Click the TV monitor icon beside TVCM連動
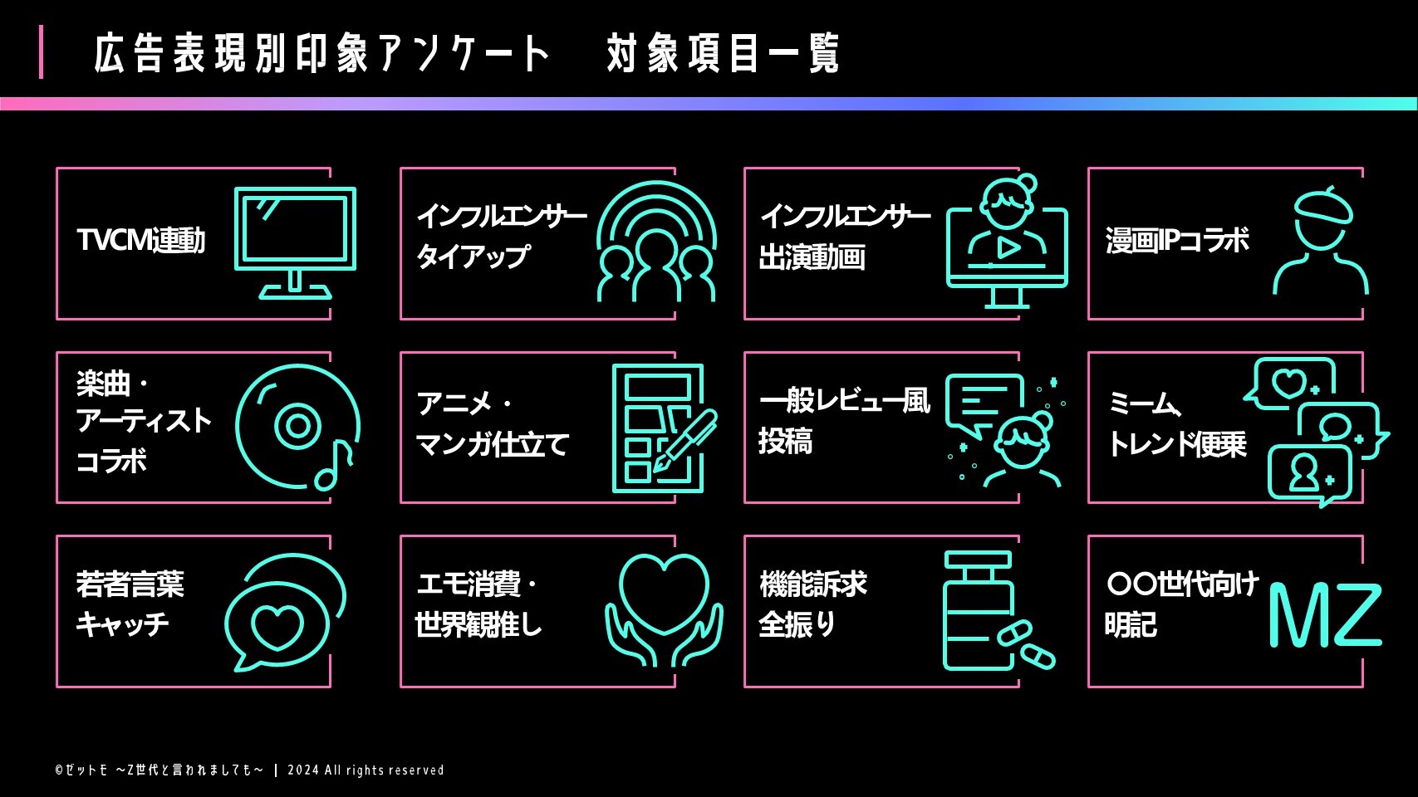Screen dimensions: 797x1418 pyautogui.click(x=295, y=241)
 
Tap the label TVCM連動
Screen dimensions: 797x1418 pyautogui.click(x=140, y=241)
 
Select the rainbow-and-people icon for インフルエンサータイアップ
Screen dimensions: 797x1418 pyautogui.click(x=656, y=242)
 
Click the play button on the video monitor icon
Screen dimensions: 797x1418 pyautogui.click(x=1008, y=247)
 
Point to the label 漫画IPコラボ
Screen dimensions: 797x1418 pyautogui.click(x=1177, y=241)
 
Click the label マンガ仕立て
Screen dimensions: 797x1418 pyautogui.click(x=492, y=444)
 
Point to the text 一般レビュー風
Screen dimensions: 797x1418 pyautogui.click(x=844, y=401)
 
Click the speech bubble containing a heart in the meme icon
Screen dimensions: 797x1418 pyautogui.click(x=1289, y=383)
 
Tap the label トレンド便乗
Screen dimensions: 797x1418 pyautogui.click(x=1177, y=444)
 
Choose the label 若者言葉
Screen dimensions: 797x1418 pyautogui.click(x=130, y=584)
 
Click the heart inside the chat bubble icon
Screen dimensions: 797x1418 pyautogui.click(x=277, y=626)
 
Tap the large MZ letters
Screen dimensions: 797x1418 pyautogui.click(x=1324, y=615)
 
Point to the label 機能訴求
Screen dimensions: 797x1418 pyautogui.click(x=812, y=584)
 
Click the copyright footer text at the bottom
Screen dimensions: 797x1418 pyautogui.click(x=249, y=770)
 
